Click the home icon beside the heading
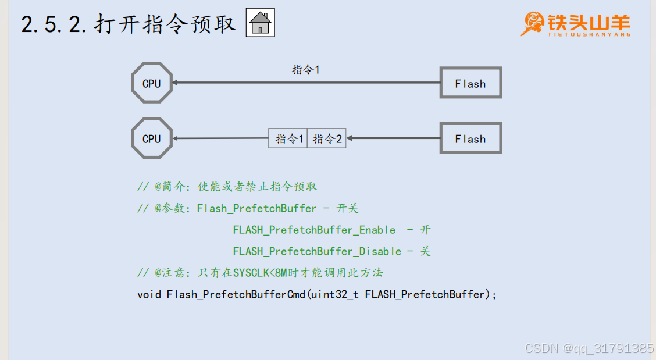point(260,23)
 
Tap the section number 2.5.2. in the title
point(55,24)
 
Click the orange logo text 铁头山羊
point(589,22)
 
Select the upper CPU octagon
point(152,83)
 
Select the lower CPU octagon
point(152,138)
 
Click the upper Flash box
point(470,83)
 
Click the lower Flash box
point(470,138)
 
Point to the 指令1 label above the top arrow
point(306,70)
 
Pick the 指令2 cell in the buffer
point(327,138)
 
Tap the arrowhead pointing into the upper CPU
point(176,83)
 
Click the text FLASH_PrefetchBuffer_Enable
point(314,230)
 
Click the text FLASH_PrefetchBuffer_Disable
point(317,251)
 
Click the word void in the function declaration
point(149,294)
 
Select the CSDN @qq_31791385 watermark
point(589,348)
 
